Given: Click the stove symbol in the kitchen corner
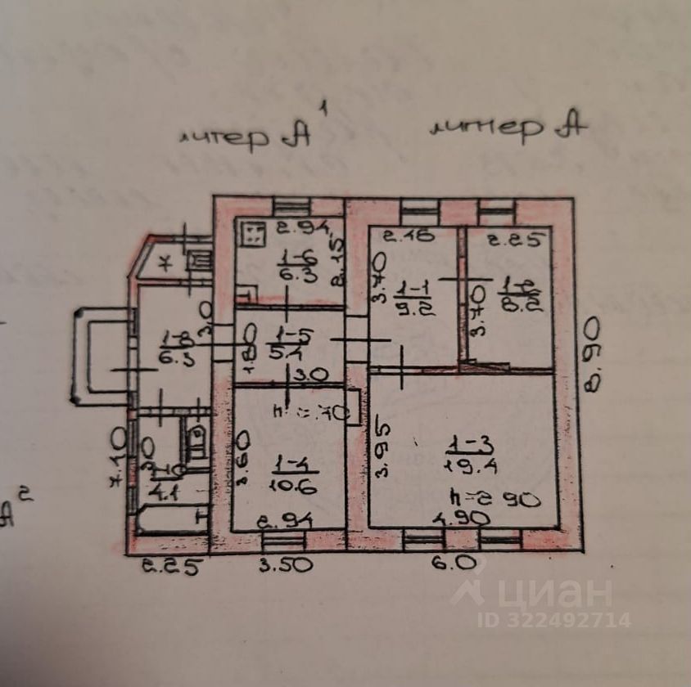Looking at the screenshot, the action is point(251,235).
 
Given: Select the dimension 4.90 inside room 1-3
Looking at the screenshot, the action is point(463,518).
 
